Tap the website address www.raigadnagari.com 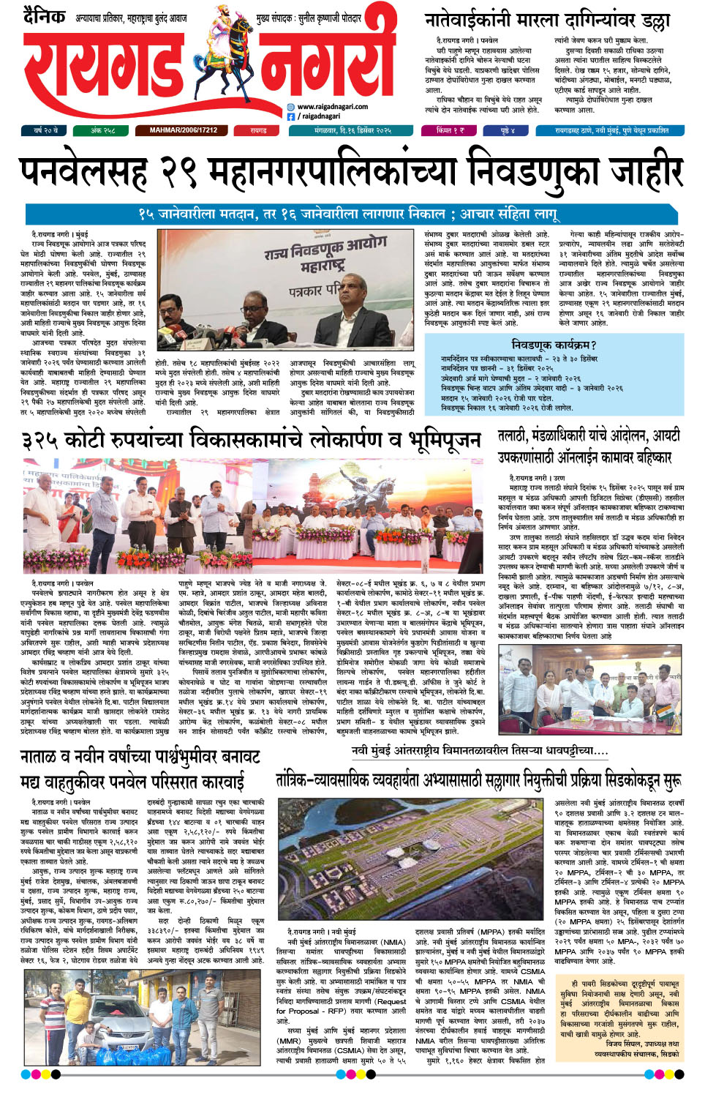point(333,106)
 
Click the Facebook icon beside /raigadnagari point(291,116)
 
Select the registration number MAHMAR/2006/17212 point(183,130)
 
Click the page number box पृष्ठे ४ point(508,130)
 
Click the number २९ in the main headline point(178,171)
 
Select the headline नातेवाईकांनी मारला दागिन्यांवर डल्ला point(546,20)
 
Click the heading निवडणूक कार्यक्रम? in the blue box point(554,344)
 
